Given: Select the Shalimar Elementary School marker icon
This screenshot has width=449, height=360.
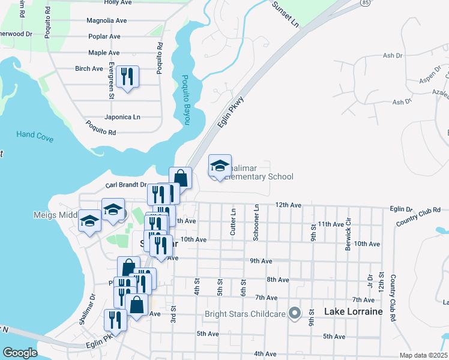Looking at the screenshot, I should (220, 166).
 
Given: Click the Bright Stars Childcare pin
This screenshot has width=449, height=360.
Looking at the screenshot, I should (294, 313).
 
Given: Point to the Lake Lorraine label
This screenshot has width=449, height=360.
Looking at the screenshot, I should (353, 312).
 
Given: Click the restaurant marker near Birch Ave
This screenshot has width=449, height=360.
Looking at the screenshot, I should (127, 77).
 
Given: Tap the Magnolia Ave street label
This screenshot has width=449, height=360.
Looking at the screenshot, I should (106, 20).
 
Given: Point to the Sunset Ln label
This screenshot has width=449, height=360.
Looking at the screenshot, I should (285, 14).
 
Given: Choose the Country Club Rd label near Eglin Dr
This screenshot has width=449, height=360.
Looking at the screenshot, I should (418, 217).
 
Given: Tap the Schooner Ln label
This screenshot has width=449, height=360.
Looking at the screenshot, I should (256, 223).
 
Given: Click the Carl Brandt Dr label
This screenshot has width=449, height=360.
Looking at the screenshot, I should (126, 185).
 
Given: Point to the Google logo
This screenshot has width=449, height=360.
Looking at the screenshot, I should (20, 353).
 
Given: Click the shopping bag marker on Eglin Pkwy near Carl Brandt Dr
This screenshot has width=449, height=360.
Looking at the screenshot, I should (180, 178).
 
